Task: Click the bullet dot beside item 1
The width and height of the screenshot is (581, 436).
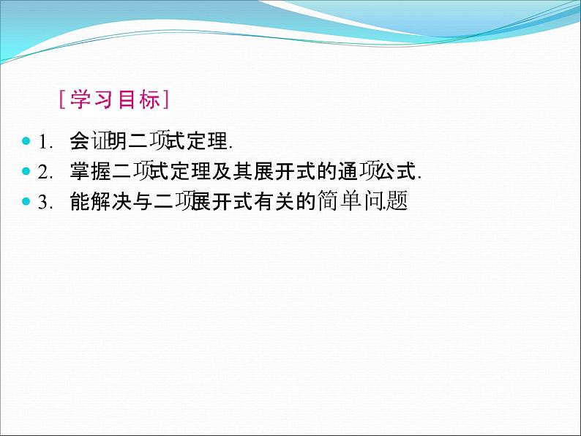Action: coord(26,140)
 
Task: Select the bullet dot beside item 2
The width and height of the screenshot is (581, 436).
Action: coord(26,171)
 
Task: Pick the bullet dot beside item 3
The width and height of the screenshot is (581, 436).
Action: coord(26,202)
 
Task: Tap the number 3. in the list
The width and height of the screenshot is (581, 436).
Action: coord(45,203)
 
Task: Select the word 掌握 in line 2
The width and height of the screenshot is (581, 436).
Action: coord(89,172)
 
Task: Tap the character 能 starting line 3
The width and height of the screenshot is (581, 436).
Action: coord(78,203)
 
